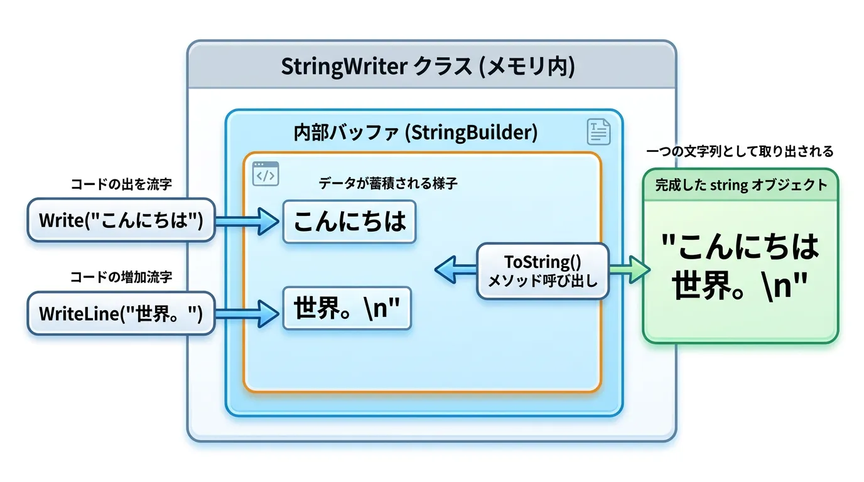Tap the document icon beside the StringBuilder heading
tap(598, 132)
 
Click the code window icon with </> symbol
tap(265, 174)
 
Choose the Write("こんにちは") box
tap(121, 220)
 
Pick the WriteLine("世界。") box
tap(121, 313)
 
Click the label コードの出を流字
tap(121, 185)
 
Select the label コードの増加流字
tap(121, 277)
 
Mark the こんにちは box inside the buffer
tap(349, 221)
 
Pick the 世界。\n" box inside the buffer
tap(347, 308)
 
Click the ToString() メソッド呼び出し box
tap(543, 270)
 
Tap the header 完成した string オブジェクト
tap(741, 185)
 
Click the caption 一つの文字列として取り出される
tap(740, 151)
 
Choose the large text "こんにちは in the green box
tap(741, 247)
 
